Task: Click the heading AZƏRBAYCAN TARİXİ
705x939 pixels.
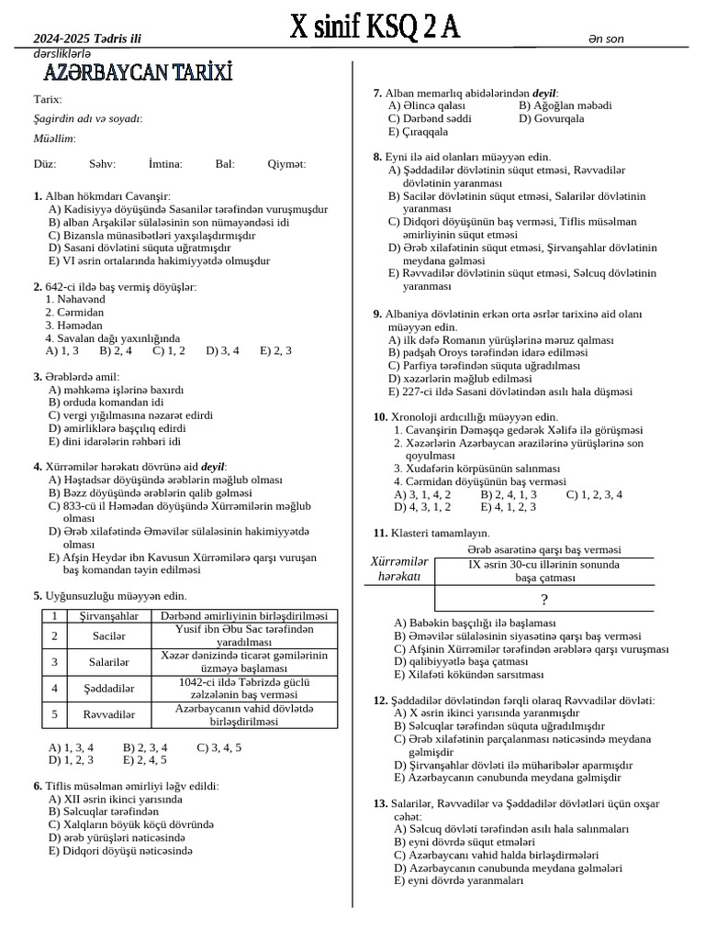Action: pos(138,73)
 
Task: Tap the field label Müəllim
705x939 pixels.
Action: pos(54,138)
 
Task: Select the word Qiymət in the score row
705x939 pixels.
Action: pos(286,164)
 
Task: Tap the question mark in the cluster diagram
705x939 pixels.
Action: pos(543,601)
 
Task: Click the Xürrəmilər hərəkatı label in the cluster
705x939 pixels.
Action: pos(398,569)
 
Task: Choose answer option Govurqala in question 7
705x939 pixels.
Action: pos(551,118)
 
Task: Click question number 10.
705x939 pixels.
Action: pos(380,416)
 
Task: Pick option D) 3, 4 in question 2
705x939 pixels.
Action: pos(223,350)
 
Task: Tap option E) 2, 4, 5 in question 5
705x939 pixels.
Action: pos(145,759)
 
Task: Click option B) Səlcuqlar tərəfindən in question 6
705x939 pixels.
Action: pos(109,812)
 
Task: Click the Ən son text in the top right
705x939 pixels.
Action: pos(606,39)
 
